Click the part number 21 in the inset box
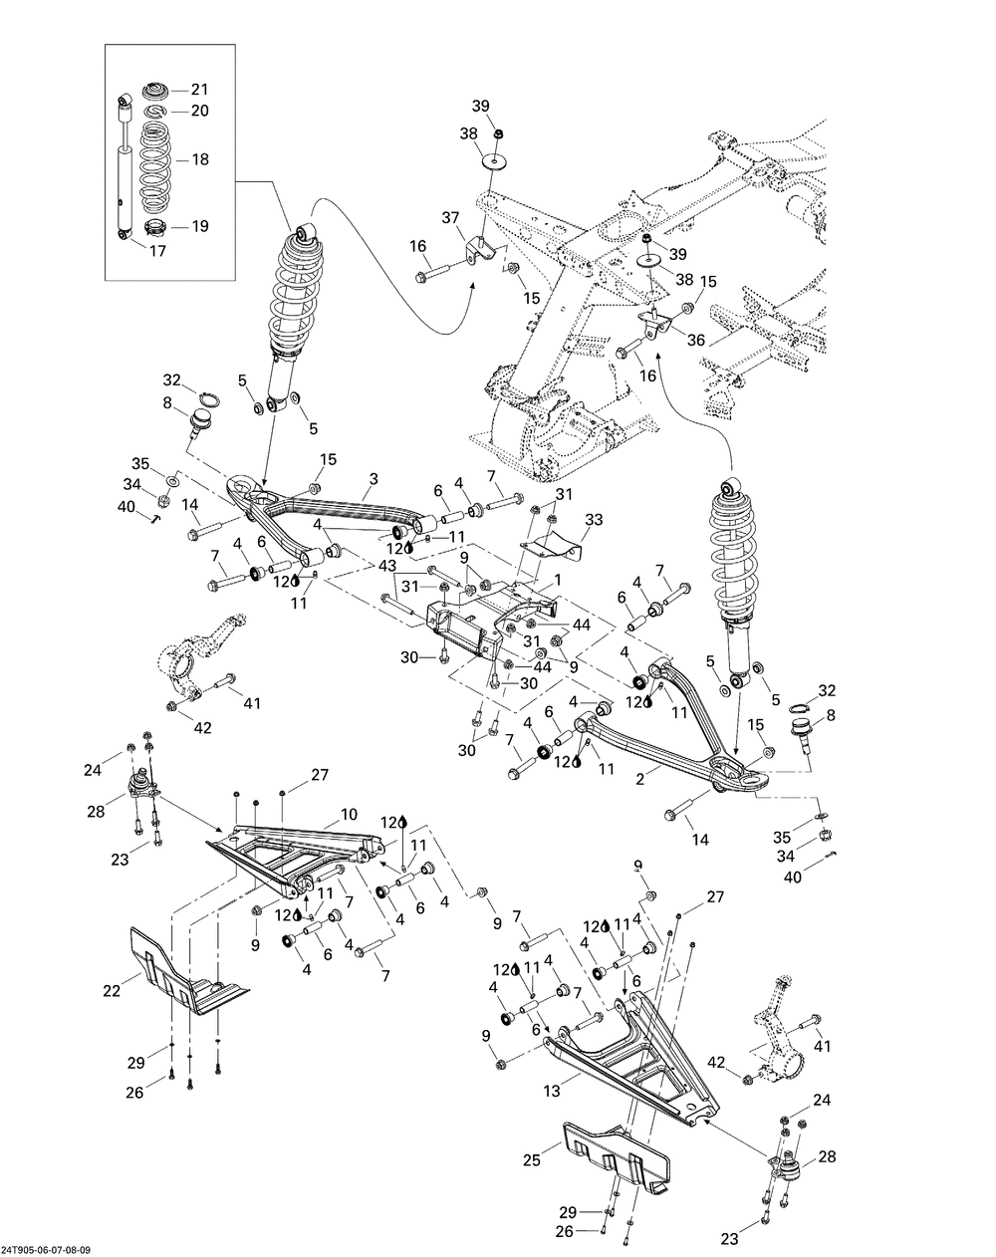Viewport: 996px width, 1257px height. pyautogui.click(x=199, y=90)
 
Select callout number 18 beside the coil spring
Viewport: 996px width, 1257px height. pyautogui.click(x=199, y=159)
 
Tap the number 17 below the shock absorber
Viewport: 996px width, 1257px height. pyautogui.click(x=157, y=251)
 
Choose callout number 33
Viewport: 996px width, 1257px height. pyautogui.click(x=594, y=520)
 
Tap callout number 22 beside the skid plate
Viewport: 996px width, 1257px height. pyautogui.click(x=112, y=990)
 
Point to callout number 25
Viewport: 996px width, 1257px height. pyautogui.click(x=533, y=1159)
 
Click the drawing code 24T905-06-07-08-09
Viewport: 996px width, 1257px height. pyautogui.click(x=51, y=1250)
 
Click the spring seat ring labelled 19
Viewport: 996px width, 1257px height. pyautogui.click(x=157, y=227)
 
